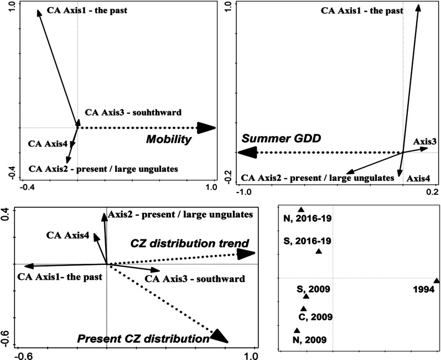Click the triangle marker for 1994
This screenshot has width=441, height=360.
(x=436, y=281)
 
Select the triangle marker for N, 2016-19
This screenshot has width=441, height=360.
(x=301, y=210)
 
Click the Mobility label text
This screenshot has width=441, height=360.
(x=168, y=140)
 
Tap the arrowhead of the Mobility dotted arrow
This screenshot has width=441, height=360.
(x=206, y=128)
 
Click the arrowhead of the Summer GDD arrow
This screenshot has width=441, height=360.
(x=245, y=153)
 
